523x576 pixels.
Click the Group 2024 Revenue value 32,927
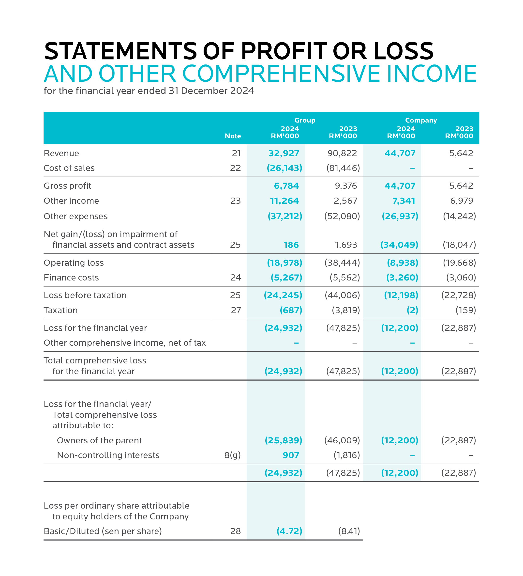(284, 154)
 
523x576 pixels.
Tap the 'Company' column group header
(421, 120)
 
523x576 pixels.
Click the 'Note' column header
(233, 136)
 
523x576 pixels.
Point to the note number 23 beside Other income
(236, 201)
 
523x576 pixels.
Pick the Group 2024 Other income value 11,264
(284, 201)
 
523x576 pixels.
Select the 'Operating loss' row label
(74, 263)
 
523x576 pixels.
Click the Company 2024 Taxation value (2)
(412, 310)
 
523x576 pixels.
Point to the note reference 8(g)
(232, 455)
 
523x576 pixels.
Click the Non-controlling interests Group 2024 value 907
(291, 455)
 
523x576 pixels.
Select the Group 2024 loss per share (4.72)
(289, 531)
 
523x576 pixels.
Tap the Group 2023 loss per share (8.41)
(349, 531)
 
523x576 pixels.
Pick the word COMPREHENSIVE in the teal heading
(282, 74)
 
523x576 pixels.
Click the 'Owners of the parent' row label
(99, 440)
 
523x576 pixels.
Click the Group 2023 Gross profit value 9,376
(346, 186)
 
